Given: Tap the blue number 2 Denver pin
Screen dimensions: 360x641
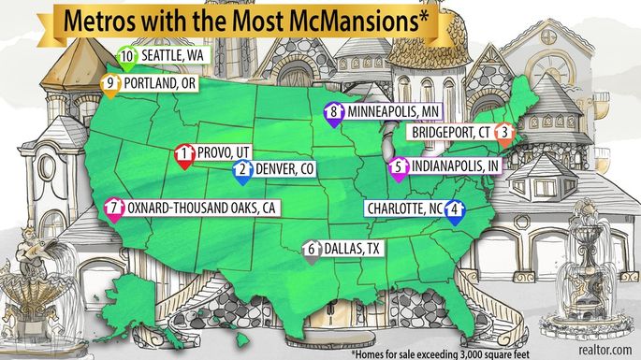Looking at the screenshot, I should point(241,170).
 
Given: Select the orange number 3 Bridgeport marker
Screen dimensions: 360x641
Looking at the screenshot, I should point(504,133).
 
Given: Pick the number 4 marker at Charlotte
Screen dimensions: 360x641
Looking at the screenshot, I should point(454,209).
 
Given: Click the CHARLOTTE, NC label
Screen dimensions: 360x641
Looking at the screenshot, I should point(403,209).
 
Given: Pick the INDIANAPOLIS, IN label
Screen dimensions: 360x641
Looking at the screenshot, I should point(454,166).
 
